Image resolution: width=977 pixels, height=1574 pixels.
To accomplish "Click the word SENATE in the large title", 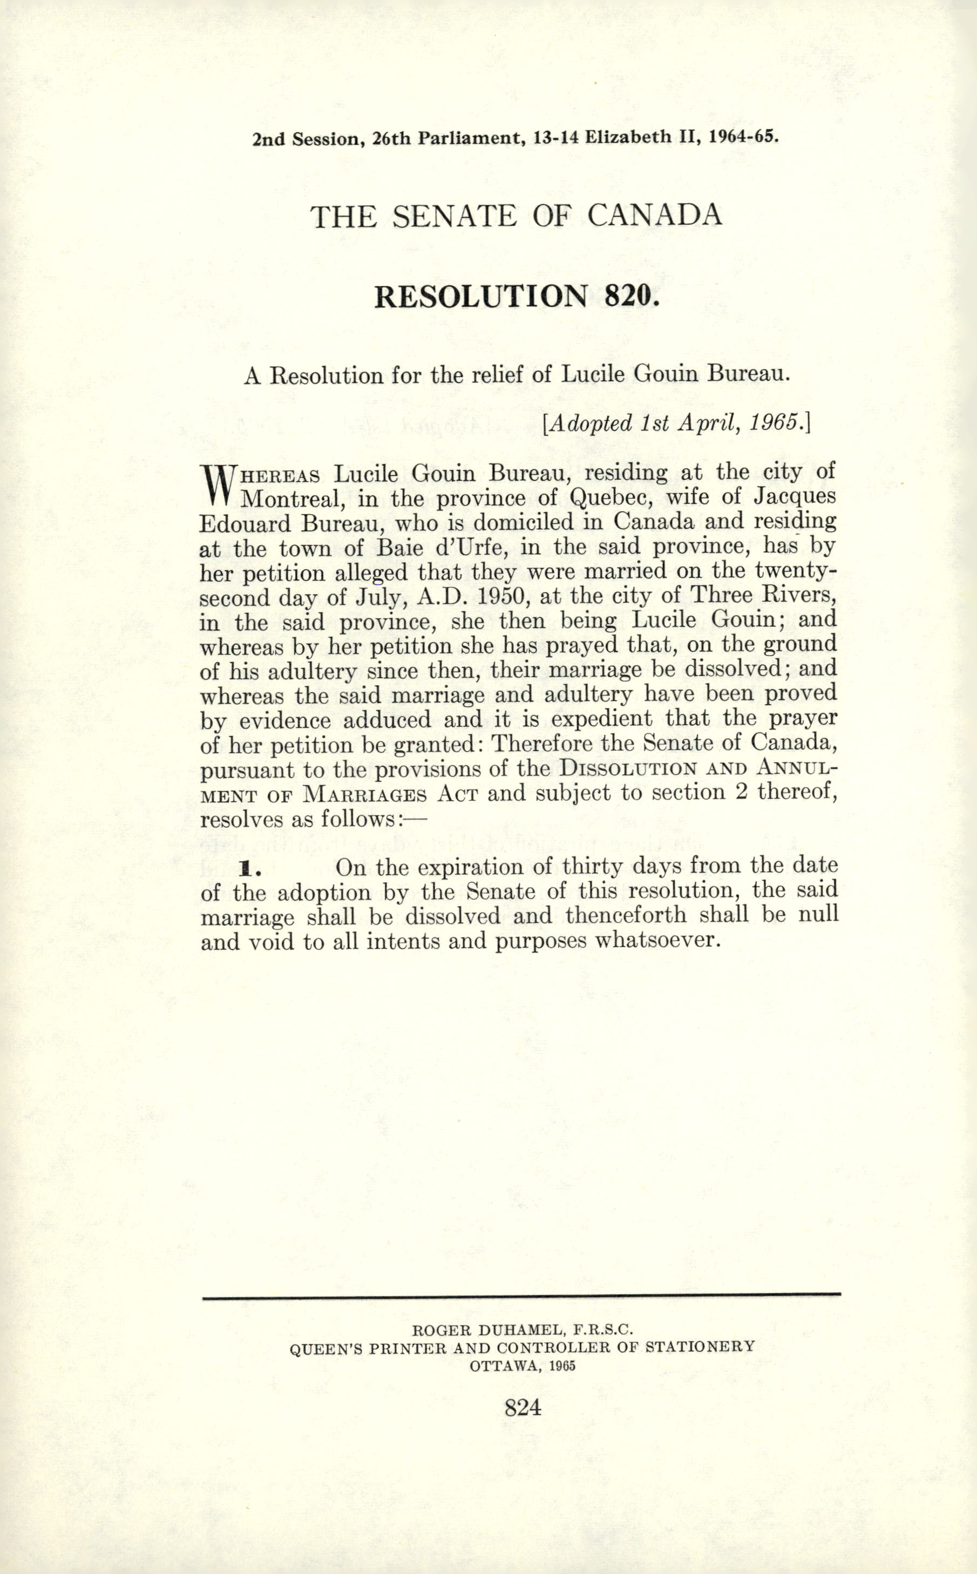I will pyautogui.click(x=454, y=216).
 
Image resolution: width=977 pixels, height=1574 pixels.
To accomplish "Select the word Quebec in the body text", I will pyautogui.click(x=609, y=498).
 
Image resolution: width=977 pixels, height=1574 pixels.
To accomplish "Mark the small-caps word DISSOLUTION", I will pyautogui.click(x=628, y=770).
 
